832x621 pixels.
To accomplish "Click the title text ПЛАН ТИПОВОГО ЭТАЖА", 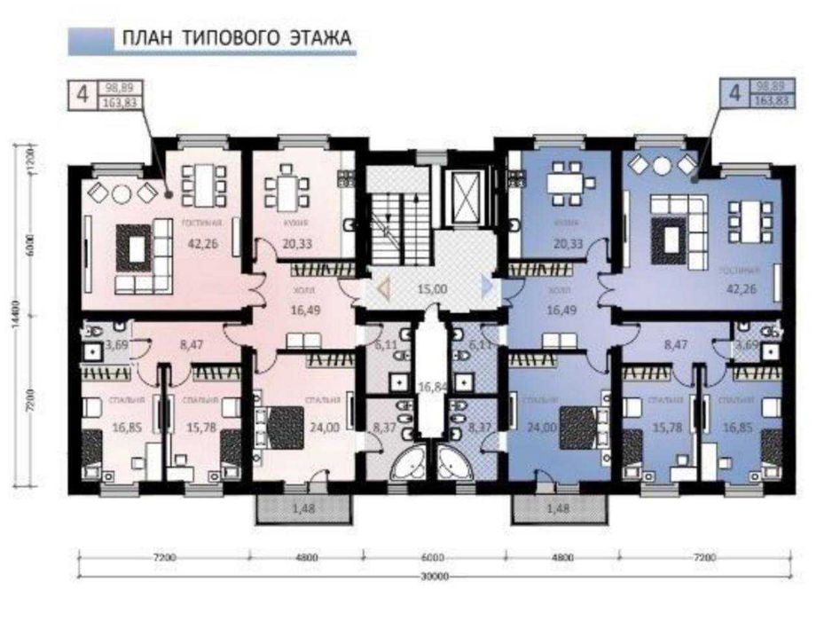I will [x=236, y=38].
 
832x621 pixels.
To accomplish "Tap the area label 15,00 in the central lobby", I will [x=433, y=288].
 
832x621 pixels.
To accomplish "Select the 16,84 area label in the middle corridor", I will [x=431, y=387].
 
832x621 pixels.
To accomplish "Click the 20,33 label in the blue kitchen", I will [x=563, y=243].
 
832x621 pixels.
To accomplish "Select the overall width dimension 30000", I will [x=433, y=576].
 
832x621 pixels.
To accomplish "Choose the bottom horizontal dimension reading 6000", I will [x=433, y=559].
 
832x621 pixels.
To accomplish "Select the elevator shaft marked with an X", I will [x=464, y=190].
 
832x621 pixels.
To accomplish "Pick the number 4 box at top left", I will [x=82, y=95].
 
